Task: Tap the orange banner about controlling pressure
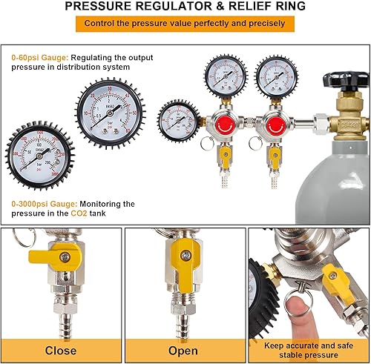[185, 24]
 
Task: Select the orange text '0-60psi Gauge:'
[37, 56]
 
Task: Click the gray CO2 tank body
[334, 178]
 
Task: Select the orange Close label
[61, 350]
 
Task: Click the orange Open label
[183, 350]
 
